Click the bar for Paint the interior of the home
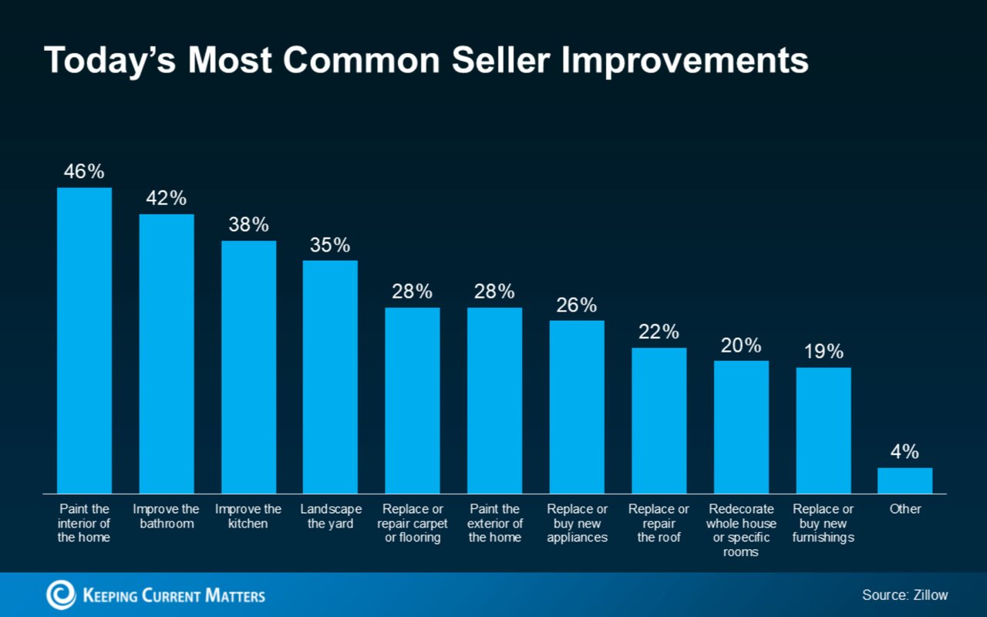(x=84, y=340)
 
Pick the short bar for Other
(x=904, y=480)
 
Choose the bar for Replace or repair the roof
(x=659, y=420)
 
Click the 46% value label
(x=84, y=172)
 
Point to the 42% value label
(x=166, y=198)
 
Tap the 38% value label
(x=248, y=225)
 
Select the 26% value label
(x=577, y=305)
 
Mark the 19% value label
(x=824, y=352)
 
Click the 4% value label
(x=904, y=452)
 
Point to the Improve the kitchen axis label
(x=248, y=516)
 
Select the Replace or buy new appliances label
(x=577, y=523)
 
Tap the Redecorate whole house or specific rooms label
(x=741, y=531)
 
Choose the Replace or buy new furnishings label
(x=824, y=523)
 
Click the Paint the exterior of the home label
(x=495, y=523)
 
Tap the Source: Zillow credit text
(x=904, y=595)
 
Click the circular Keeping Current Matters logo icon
(x=61, y=595)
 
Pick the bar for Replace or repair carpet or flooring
(x=413, y=400)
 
